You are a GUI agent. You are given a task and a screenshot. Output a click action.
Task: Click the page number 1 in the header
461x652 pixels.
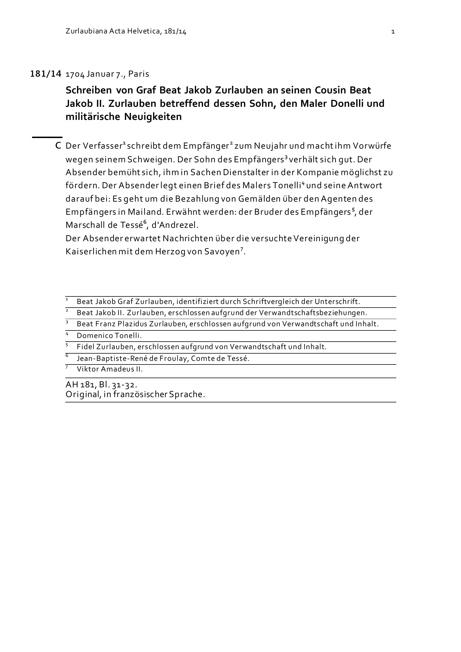coord(393,32)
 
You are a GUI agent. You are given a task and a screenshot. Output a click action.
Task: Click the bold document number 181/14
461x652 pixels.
coord(46,74)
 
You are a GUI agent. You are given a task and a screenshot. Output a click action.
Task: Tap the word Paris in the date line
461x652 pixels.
coord(139,74)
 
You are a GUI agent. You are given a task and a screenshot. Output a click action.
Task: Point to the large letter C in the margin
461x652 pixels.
coord(58,146)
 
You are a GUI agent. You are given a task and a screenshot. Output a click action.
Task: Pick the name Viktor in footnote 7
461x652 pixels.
coord(84,369)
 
